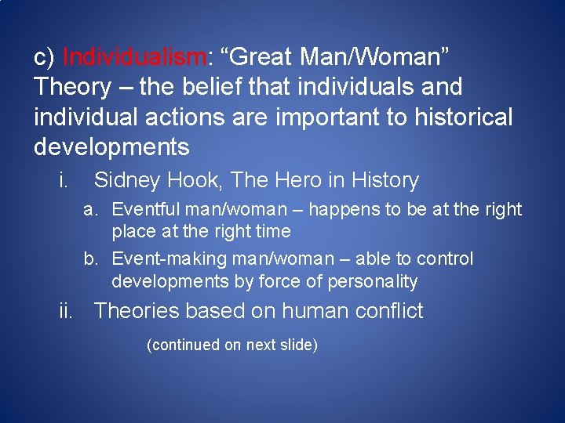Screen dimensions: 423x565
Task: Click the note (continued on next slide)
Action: click(232, 345)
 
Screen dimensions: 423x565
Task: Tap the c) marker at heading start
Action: click(44, 57)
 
